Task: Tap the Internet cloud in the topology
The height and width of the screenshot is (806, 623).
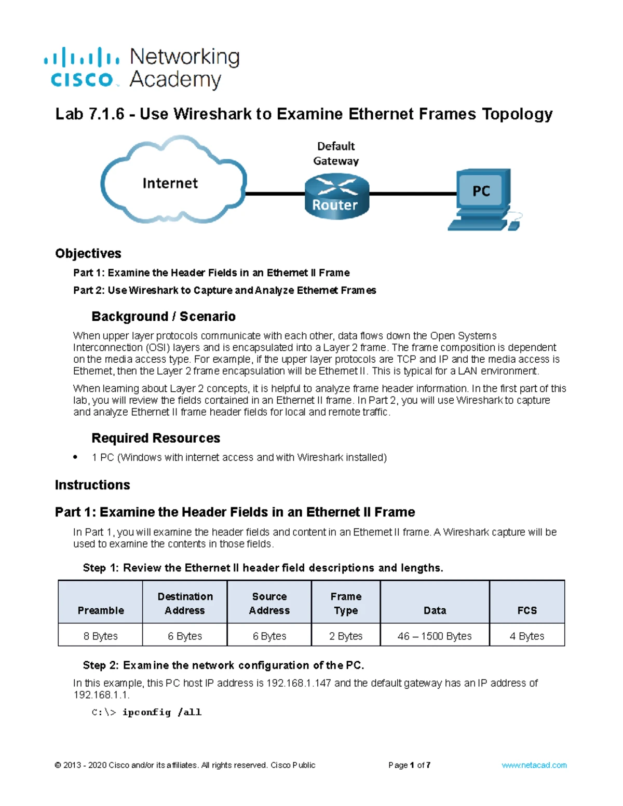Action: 171,182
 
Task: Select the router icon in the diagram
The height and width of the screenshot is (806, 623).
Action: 336,197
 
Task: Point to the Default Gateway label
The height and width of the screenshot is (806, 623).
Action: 336,154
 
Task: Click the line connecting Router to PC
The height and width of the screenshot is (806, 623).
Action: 413,194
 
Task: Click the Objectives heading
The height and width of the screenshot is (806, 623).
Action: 88,253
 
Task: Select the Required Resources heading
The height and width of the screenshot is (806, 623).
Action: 156,438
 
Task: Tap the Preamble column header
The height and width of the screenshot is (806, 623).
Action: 101,610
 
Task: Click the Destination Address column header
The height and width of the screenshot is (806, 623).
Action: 185,604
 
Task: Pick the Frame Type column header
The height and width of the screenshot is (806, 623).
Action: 346,604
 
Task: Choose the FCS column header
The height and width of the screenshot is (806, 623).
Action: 527,610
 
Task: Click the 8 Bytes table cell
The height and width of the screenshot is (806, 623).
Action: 101,636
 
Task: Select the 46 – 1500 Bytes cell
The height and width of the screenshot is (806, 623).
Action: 435,636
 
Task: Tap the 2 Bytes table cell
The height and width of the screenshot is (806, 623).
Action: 346,636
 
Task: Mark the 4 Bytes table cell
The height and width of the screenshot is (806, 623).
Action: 527,636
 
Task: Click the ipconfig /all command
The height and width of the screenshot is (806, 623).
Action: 161,712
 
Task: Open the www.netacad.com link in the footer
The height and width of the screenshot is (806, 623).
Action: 534,765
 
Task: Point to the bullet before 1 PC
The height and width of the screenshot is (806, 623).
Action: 76,457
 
